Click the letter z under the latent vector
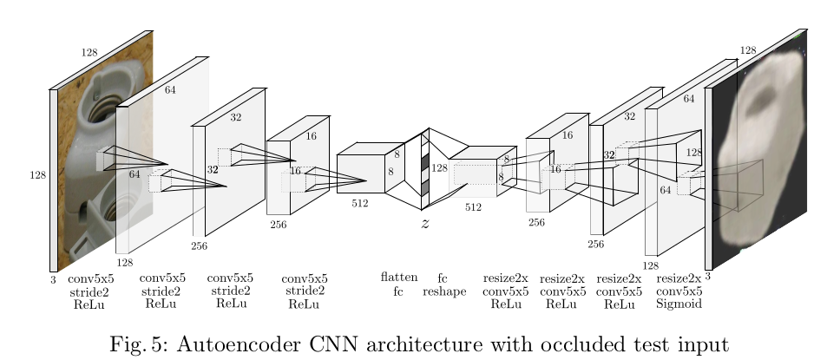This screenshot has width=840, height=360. [424, 224]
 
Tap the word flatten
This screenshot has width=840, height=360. [399, 278]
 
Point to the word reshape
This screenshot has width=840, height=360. [444, 291]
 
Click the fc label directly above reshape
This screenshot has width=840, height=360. [443, 278]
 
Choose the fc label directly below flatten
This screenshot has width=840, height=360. [398, 291]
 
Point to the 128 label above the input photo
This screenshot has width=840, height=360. [89, 53]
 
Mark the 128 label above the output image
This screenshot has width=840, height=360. [748, 51]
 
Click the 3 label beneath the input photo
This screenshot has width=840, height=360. [53, 279]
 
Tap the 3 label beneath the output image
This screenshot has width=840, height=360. [708, 277]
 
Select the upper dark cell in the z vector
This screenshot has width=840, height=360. [425, 162]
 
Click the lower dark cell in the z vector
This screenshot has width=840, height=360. [425, 187]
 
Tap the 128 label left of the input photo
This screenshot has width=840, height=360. [37, 175]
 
